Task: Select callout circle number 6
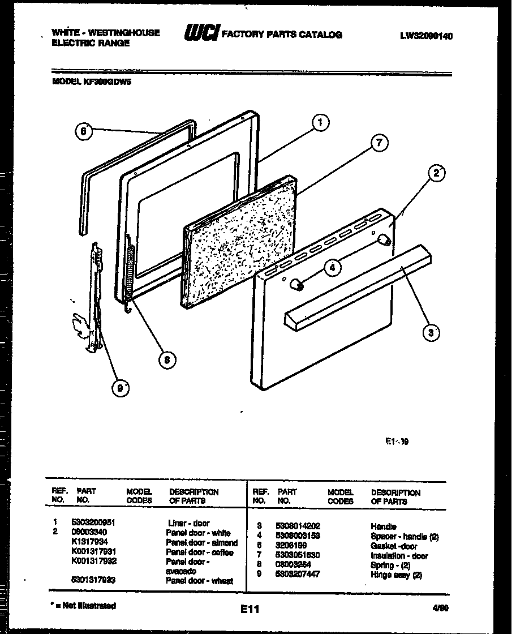click(83, 131)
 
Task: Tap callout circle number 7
click(380, 144)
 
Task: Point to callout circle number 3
click(432, 333)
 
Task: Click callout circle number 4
click(333, 268)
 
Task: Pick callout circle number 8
click(166, 358)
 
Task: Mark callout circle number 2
click(436, 174)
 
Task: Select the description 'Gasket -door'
click(394, 546)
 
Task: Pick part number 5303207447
click(298, 573)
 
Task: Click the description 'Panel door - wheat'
click(199, 581)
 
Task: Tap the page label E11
click(250, 610)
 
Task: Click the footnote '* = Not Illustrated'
click(83, 606)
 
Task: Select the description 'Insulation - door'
click(399, 555)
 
